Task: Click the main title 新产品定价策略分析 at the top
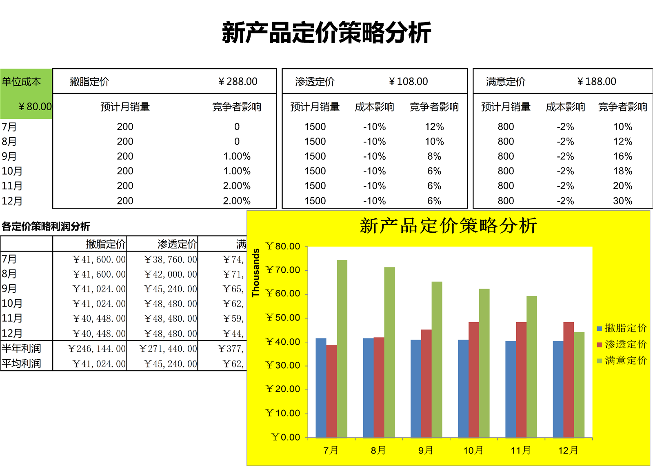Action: coord(326,33)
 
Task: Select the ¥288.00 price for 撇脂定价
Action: coord(238,82)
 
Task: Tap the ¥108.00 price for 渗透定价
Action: coord(408,82)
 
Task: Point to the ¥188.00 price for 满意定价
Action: coord(597,82)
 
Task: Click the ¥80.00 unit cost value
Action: coord(35,107)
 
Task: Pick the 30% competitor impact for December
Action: coord(622,201)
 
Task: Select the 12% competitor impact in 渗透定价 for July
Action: coord(434,127)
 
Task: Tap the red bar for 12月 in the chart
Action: coord(569,380)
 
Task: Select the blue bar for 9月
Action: coord(416,388)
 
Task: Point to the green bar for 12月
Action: coord(579,384)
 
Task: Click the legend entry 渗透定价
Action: coord(625,345)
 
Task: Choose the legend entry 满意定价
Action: coord(625,361)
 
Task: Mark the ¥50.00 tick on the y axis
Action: coord(283,318)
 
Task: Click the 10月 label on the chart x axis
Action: coord(473,450)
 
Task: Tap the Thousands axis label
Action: coord(256,273)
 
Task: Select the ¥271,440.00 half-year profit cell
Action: coord(168,349)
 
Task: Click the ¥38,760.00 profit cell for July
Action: coord(171,260)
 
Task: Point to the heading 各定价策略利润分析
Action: coord(46,226)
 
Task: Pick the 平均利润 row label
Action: coord(22,363)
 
